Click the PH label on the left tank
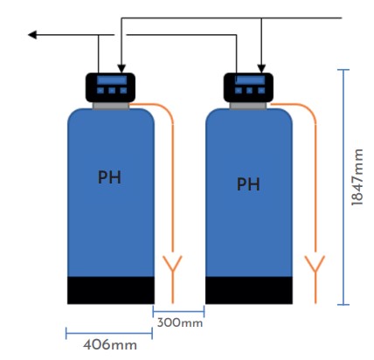[109, 177]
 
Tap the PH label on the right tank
[248, 183]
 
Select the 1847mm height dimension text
[357, 177]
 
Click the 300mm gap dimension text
[180, 322]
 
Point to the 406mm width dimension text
[110, 345]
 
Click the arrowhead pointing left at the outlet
[32, 35]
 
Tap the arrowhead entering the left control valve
[121, 68]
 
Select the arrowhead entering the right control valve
[261, 68]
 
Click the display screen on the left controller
[112, 80]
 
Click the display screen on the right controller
[250, 80]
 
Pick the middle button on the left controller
[112, 91]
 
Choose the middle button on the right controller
[250, 91]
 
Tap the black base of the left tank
[111, 290]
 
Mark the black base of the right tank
[249, 290]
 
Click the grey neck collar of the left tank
[111, 106]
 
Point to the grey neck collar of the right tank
[248, 106]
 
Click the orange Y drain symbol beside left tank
[172, 273]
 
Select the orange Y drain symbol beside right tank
[315, 273]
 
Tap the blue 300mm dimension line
[178, 311]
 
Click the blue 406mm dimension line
[109, 333]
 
